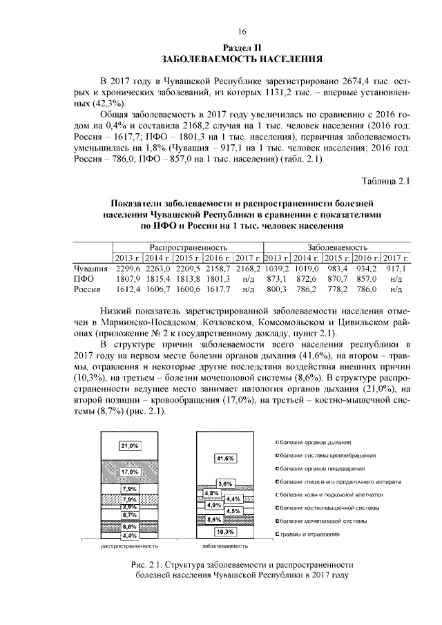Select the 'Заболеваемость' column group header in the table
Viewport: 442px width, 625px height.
pyautogui.click(x=338, y=246)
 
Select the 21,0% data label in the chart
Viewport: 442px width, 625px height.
pyautogui.click(x=129, y=445)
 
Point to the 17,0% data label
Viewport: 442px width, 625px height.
pyautogui.click(x=129, y=472)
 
